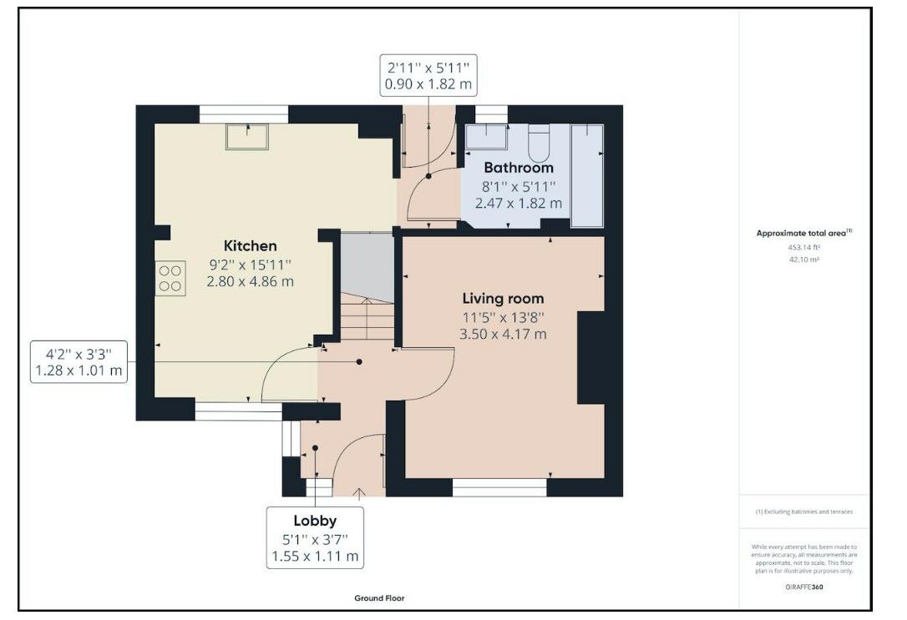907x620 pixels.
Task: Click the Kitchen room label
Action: point(250,245)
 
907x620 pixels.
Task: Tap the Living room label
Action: point(503,299)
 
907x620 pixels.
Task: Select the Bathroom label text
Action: point(519,168)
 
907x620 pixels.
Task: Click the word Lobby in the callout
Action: point(315,522)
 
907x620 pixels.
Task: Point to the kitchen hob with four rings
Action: point(170,279)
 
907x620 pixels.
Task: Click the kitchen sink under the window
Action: point(247,136)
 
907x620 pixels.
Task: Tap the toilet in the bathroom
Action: point(540,143)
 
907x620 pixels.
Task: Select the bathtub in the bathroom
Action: point(587,176)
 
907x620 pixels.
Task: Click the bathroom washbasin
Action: point(486,137)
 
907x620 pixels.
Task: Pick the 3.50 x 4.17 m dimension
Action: point(503,334)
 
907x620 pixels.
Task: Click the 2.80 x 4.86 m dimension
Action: point(250,281)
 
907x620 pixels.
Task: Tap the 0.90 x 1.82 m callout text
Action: point(428,83)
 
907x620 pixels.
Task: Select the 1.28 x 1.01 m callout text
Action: point(79,370)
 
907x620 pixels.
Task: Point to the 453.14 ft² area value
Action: point(804,247)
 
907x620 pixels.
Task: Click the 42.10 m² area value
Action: point(804,260)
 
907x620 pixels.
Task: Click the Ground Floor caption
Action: point(379,598)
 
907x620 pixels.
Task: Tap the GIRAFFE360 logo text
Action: point(804,587)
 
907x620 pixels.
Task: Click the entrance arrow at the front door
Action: point(359,493)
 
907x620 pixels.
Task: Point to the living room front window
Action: point(499,487)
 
